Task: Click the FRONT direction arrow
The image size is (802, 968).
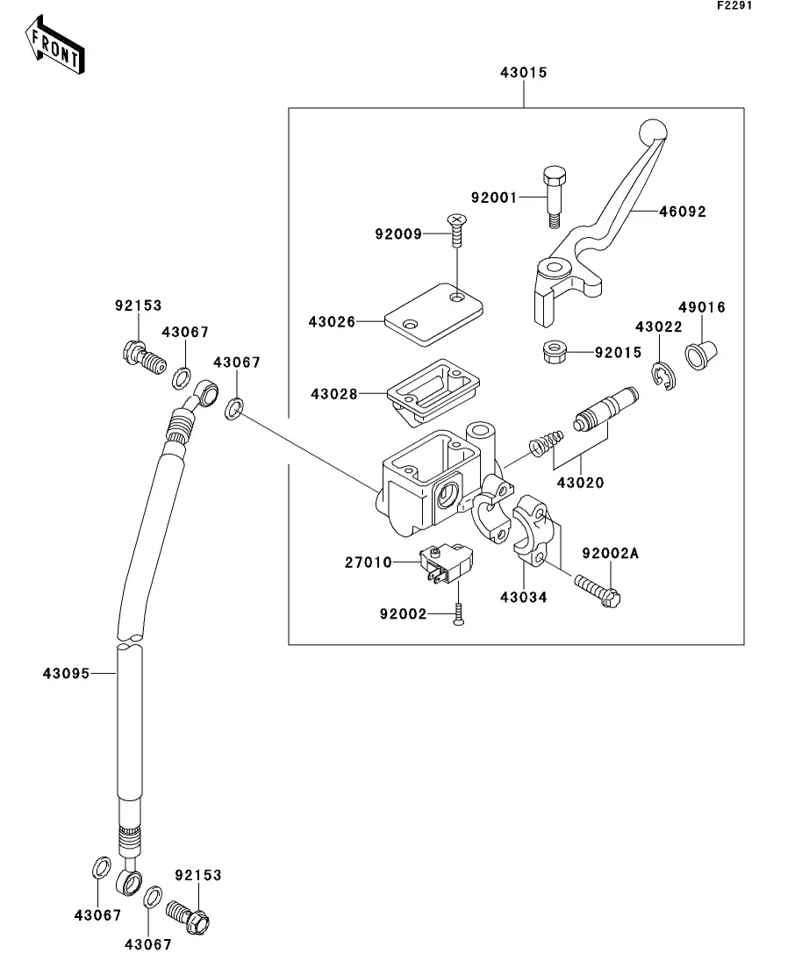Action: coord(54,45)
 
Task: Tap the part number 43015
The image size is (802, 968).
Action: coord(524,72)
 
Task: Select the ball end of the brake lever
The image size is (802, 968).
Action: coord(653,132)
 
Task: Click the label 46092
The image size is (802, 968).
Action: coord(682,212)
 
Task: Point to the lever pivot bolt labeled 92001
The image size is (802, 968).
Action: coord(555,197)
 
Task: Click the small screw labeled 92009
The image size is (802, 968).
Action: coord(457,230)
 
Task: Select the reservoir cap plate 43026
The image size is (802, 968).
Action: coord(433,314)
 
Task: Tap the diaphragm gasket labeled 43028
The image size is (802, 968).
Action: coord(433,391)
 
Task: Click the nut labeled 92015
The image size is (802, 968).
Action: coord(555,353)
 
